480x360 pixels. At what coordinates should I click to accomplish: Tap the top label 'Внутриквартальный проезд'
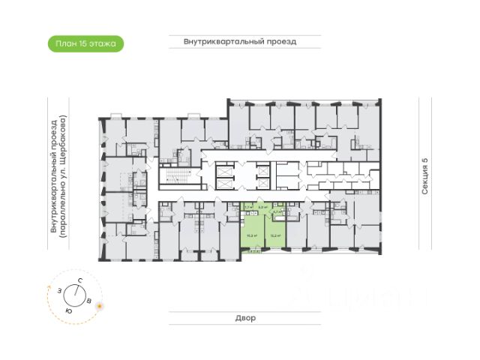pyautogui.click(x=240, y=42)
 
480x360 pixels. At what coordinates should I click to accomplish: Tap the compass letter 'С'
pyautogui.click(x=79, y=280)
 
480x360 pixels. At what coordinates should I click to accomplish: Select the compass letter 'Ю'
pyautogui.click(x=69, y=309)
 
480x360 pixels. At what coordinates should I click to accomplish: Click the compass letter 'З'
pyautogui.click(x=58, y=288)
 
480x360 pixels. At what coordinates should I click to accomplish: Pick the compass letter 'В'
pyautogui.click(x=90, y=301)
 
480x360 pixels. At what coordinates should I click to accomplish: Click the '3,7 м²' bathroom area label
pyautogui.click(x=277, y=212)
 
